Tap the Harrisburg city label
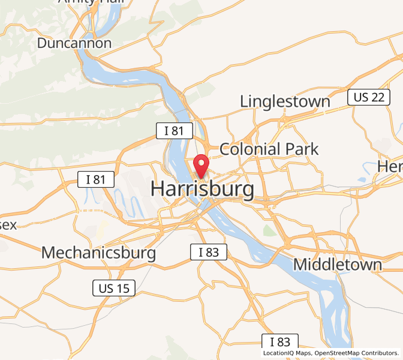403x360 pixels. click(202, 189)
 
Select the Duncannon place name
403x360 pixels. click(74, 43)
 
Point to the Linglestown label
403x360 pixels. click(285, 101)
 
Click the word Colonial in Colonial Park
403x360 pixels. click(250, 149)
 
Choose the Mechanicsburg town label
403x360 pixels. click(98, 253)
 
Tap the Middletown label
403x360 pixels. click(337, 265)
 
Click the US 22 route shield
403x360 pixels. click(369, 97)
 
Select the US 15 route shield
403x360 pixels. click(114, 288)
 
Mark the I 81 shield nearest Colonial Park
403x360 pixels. click(175, 131)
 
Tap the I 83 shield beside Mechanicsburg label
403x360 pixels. click(209, 253)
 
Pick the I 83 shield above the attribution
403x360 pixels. click(280, 342)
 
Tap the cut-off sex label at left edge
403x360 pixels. click(8, 225)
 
